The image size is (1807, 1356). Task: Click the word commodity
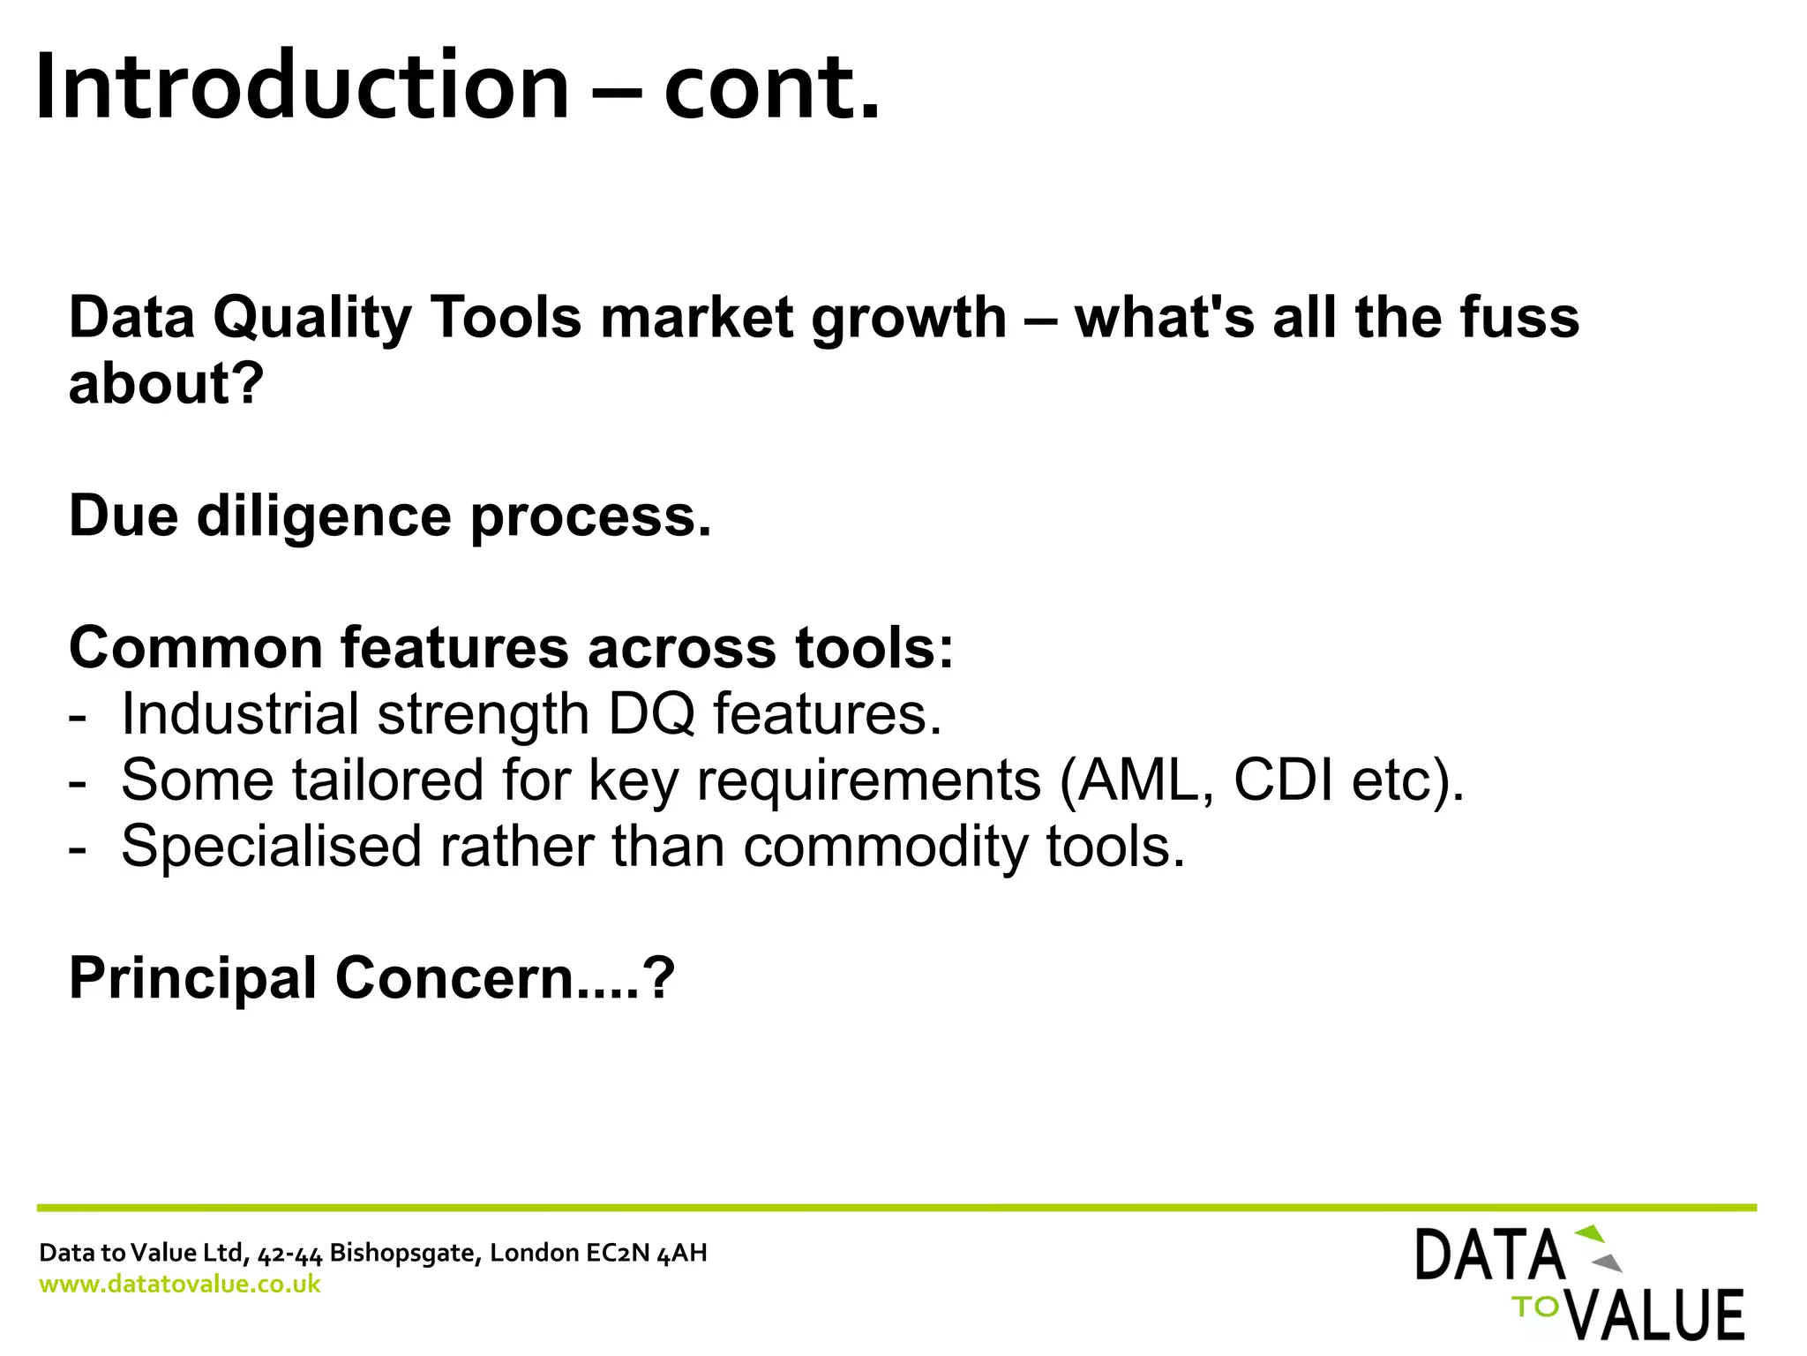pyautogui.click(x=885, y=847)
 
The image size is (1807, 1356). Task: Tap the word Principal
pyautogui.click(x=192, y=978)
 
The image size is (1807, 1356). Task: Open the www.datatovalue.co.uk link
pyautogui.click(x=180, y=1284)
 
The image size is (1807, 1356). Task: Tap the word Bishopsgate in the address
pyautogui.click(x=405, y=1253)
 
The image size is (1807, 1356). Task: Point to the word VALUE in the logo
pyautogui.click(x=1659, y=1315)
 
